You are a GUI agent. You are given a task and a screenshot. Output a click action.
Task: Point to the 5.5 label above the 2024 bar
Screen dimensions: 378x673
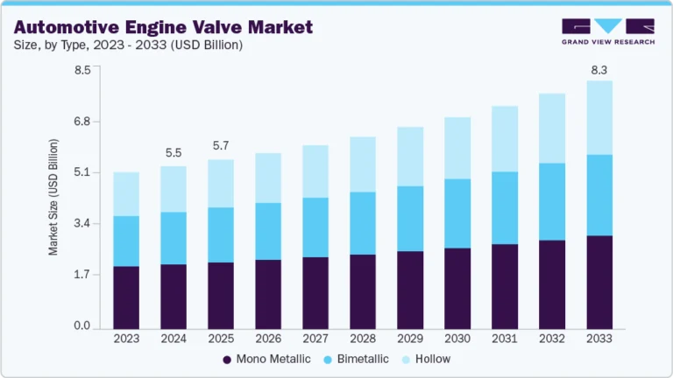click(174, 152)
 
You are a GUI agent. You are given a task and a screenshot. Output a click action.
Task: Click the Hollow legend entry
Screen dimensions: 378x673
click(427, 359)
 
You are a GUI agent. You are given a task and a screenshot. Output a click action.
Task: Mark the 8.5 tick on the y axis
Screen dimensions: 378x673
click(82, 70)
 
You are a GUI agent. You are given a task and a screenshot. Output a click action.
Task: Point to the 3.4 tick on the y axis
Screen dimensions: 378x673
click(82, 224)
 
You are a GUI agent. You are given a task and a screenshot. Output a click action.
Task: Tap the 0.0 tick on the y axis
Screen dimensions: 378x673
click(82, 326)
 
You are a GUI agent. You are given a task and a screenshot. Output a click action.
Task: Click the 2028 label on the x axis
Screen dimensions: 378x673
click(363, 338)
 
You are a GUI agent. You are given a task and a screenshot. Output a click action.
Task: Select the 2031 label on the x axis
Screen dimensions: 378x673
click(505, 338)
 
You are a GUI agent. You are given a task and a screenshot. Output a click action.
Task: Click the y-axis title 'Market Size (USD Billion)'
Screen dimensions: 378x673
click(53, 197)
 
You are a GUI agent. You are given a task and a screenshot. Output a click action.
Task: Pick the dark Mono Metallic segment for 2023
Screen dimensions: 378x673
click(126, 297)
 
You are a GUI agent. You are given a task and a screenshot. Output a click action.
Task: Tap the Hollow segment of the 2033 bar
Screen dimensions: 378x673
click(599, 117)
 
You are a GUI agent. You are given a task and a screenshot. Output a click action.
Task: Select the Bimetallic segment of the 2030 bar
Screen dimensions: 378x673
click(457, 213)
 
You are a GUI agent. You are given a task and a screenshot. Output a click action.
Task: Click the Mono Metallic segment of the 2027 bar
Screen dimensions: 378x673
click(315, 292)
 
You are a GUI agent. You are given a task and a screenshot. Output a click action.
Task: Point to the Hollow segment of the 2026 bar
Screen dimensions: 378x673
click(268, 178)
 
